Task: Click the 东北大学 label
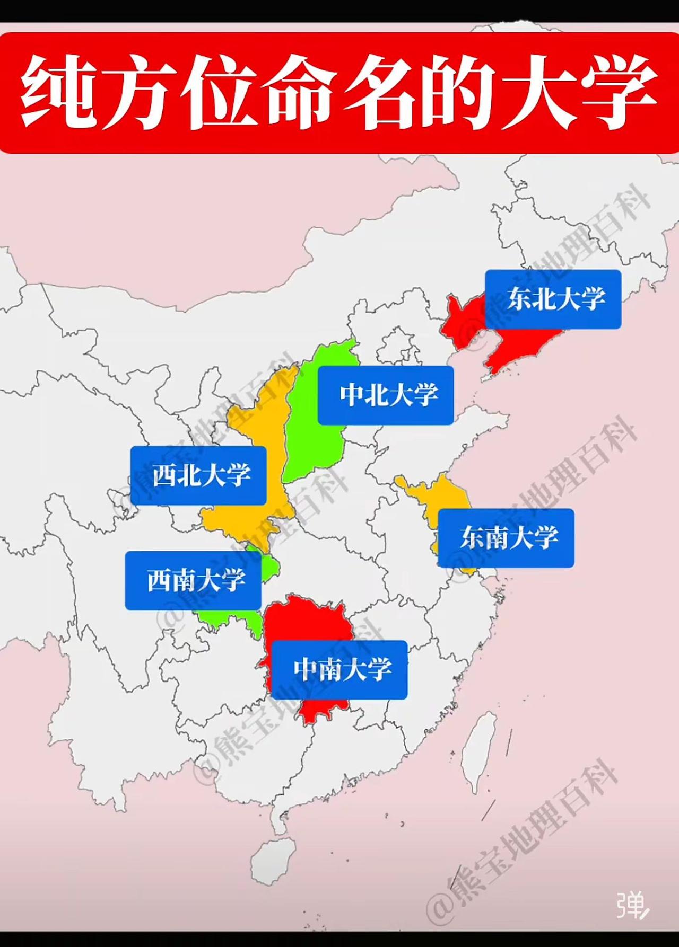tap(553, 299)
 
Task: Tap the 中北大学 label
tap(386, 395)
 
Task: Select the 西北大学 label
tap(198, 475)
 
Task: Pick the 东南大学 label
tap(506, 538)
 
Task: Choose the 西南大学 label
tap(193, 580)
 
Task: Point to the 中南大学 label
tap(339, 669)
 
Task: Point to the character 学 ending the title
tap(621, 93)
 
